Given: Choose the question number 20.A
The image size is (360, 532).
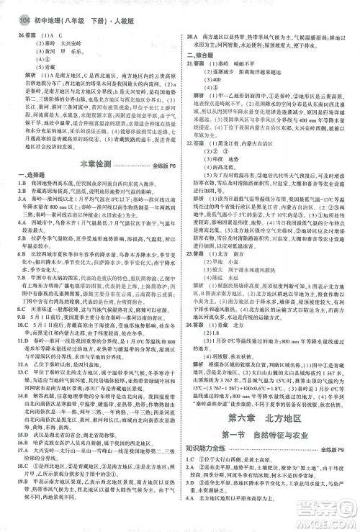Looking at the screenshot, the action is tap(192, 35).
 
